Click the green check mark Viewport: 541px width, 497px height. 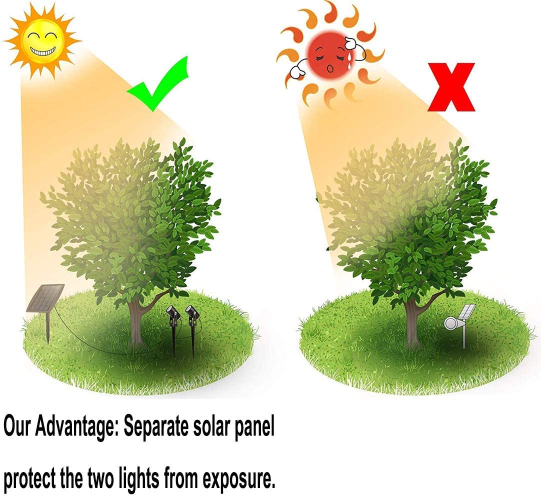pyautogui.click(x=159, y=85)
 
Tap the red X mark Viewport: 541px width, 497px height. pyautogui.click(x=451, y=87)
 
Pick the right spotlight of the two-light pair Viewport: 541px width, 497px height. pyautogui.click(x=191, y=315)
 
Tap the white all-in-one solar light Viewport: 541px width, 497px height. pyautogui.click(x=457, y=320)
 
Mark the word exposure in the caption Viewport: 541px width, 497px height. pyautogui.click(x=239, y=480)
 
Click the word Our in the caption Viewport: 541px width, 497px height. pyautogui.click(x=19, y=427)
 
